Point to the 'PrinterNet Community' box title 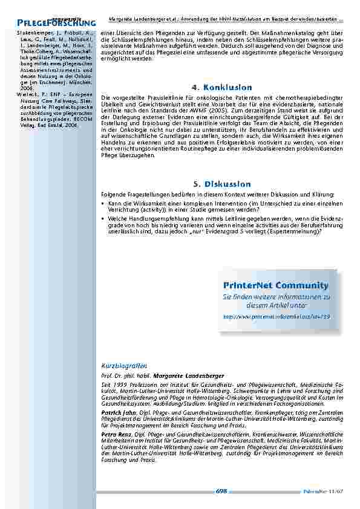point(275,285)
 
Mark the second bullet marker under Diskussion point(103,216)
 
